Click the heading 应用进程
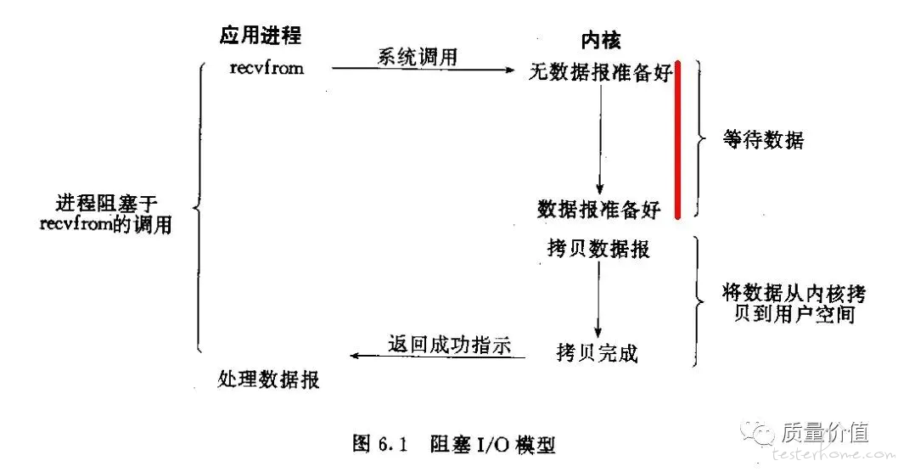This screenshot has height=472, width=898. point(261,35)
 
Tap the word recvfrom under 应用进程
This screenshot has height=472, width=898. point(267,68)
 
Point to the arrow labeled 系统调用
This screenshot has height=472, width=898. point(424,70)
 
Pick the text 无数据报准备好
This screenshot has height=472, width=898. point(600,73)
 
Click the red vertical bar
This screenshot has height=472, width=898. point(678,140)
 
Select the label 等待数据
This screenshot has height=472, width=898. point(763,139)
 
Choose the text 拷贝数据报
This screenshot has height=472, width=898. point(599,249)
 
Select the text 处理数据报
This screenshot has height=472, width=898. point(269,379)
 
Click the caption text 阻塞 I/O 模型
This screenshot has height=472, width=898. point(493,443)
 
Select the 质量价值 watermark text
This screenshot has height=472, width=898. point(835,433)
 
